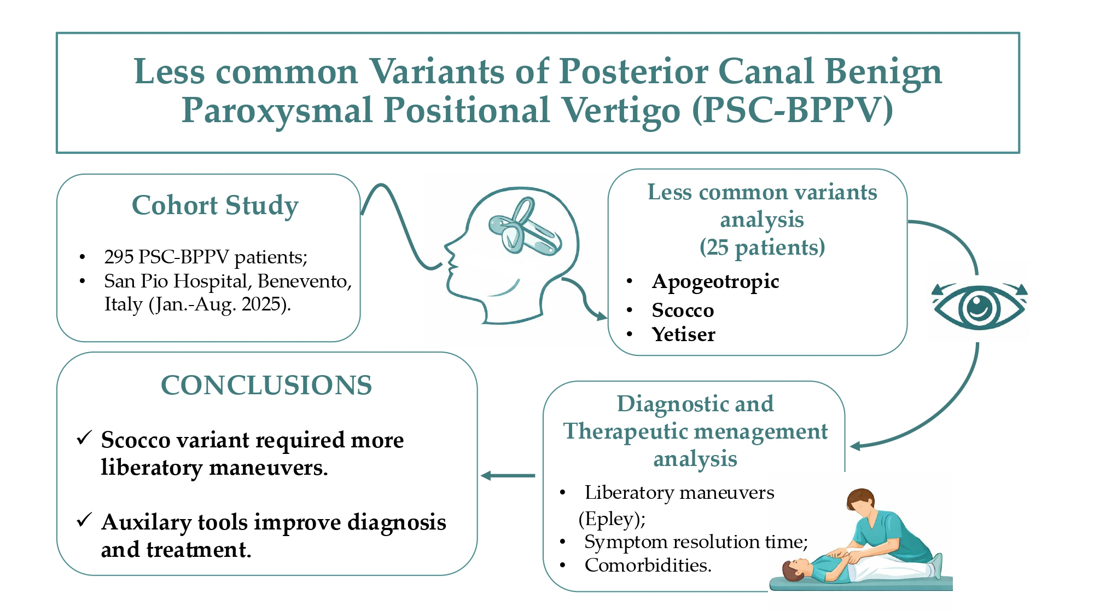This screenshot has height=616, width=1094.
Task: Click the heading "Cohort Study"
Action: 215,206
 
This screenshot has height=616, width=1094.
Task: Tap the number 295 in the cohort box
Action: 119,257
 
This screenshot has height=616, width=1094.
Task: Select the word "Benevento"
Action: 304,281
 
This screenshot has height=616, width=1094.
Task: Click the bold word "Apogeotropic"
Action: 715,281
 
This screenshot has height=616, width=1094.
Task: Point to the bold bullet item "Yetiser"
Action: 683,335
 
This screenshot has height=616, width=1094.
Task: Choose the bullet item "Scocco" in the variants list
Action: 683,310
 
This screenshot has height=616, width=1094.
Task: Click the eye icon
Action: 979,307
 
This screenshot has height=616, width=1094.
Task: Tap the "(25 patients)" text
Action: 762,247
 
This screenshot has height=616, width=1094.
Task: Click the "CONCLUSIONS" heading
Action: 266,385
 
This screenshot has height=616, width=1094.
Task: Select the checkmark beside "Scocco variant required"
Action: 84,438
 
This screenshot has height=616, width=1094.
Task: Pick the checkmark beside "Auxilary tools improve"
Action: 84,520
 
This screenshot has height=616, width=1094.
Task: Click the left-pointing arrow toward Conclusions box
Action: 508,476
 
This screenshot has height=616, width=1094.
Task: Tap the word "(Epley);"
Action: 612,519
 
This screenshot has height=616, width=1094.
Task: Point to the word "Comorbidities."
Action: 648,565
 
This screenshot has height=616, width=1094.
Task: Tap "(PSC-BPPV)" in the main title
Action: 793,110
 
